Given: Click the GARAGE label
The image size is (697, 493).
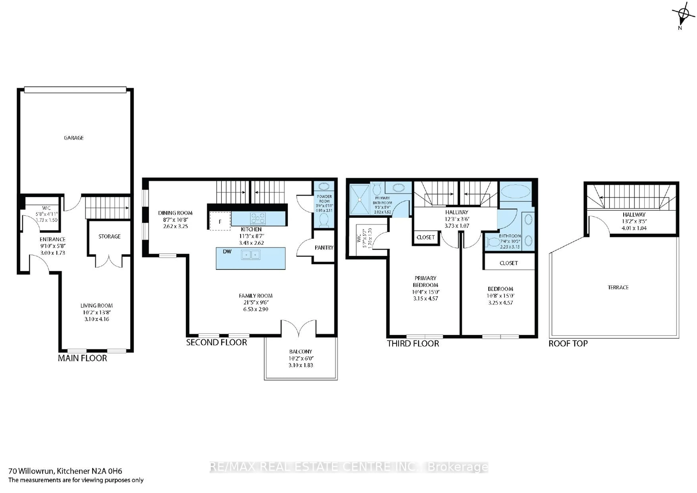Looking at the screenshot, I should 74,138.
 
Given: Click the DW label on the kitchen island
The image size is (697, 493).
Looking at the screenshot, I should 227,252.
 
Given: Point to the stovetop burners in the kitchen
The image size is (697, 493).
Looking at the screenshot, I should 258,218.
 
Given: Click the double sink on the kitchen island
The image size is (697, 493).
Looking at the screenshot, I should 251,254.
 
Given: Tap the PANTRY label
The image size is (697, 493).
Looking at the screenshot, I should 324,248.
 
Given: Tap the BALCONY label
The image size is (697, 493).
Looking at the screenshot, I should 301,351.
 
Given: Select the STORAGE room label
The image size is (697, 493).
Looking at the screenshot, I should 109,236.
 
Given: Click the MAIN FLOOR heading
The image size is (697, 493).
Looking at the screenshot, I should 82,358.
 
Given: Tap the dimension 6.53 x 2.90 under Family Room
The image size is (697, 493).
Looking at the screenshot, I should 256,309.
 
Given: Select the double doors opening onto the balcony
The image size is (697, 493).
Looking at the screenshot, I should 299,328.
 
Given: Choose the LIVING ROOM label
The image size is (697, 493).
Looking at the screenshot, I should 97,306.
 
